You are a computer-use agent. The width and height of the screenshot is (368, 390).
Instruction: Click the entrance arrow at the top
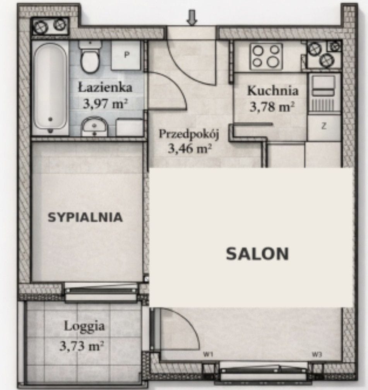click(192, 17)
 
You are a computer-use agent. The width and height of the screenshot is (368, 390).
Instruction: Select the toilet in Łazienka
click(90, 56)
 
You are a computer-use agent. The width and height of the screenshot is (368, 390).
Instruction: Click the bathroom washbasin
click(94, 126)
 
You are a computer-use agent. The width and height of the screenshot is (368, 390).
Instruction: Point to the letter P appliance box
click(126, 55)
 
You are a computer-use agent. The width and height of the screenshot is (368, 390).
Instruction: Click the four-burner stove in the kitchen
click(266, 56)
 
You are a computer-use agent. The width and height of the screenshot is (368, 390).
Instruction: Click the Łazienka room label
click(105, 88)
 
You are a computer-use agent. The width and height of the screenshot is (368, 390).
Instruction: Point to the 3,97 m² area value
click(105, 103)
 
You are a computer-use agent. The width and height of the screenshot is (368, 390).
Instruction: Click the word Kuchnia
click(272, 90)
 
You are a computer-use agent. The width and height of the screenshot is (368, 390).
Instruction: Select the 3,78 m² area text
click(272, 107)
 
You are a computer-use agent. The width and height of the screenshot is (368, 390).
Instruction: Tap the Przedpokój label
click(189, 134)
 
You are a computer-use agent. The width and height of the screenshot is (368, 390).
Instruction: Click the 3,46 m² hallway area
click(190, 149)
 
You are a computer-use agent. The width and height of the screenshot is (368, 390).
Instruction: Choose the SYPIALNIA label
click(85, 217)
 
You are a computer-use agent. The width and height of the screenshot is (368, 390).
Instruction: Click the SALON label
click(257, 254)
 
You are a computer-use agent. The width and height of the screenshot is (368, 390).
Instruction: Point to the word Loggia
click(84, 327)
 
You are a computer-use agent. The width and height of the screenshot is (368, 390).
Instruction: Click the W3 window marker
click(317, 355)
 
